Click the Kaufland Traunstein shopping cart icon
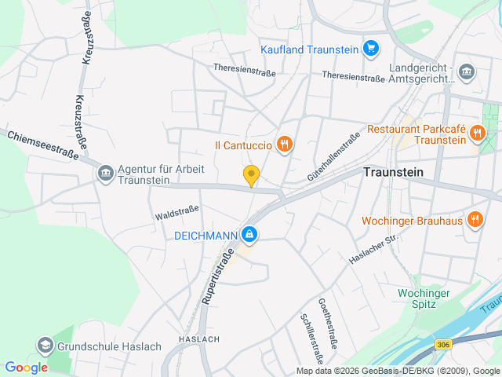(x=370, y=49)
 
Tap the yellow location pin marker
(x=251, y=176)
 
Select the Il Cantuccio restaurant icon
(x=285, y=145)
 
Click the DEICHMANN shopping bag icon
(x=249, y=233)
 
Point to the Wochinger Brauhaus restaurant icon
(x=475, y=220)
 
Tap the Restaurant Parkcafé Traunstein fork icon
(x=477, y=134)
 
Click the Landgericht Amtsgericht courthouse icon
(x=467, y=72)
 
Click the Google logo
(x=26, y=367)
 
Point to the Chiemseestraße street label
(x=45, y=145)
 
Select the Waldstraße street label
(x=176, y=212)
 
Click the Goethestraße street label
(x=328, y=323)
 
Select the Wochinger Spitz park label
(x=424, y=298)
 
